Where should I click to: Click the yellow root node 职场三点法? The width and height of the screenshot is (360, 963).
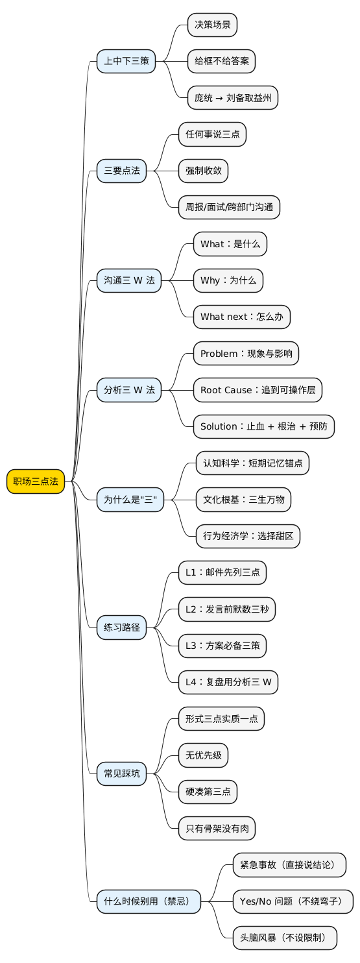(x=36, y=481)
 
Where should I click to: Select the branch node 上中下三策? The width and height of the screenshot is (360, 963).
(x=126, y=62)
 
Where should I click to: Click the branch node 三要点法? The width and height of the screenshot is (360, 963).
(x=122, y=171)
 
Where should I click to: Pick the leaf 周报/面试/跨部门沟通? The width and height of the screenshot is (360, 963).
(x=229, y=208)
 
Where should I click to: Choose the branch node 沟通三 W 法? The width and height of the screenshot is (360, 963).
(x=129, y=280)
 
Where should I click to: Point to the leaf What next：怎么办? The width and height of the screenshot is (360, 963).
(x=241, y=317)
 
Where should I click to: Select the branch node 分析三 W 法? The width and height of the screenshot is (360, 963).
(x=129, y=390)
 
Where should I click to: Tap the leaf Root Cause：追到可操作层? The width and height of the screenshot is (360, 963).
(x=258, y=390)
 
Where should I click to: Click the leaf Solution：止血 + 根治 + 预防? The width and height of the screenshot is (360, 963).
(x=264, y=426)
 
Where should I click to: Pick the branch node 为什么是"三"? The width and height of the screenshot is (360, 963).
(x=130, y=499)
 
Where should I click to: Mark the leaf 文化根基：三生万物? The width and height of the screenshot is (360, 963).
(x=243, y=499)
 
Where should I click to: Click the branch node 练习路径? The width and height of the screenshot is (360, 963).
(x=122, y=627)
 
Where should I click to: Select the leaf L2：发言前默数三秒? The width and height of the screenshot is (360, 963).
(x=227, y=609)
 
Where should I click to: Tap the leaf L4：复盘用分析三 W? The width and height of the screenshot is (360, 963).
(x=228, y=681)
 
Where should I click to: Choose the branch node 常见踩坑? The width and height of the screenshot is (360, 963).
(x=122, y=773)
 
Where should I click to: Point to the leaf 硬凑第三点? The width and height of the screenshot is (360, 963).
(x=208, y=791)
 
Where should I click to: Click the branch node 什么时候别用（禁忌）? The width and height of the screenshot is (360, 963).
(x=149, y=901)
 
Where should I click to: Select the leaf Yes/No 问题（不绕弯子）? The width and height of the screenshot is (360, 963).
(x=293, y=901)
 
